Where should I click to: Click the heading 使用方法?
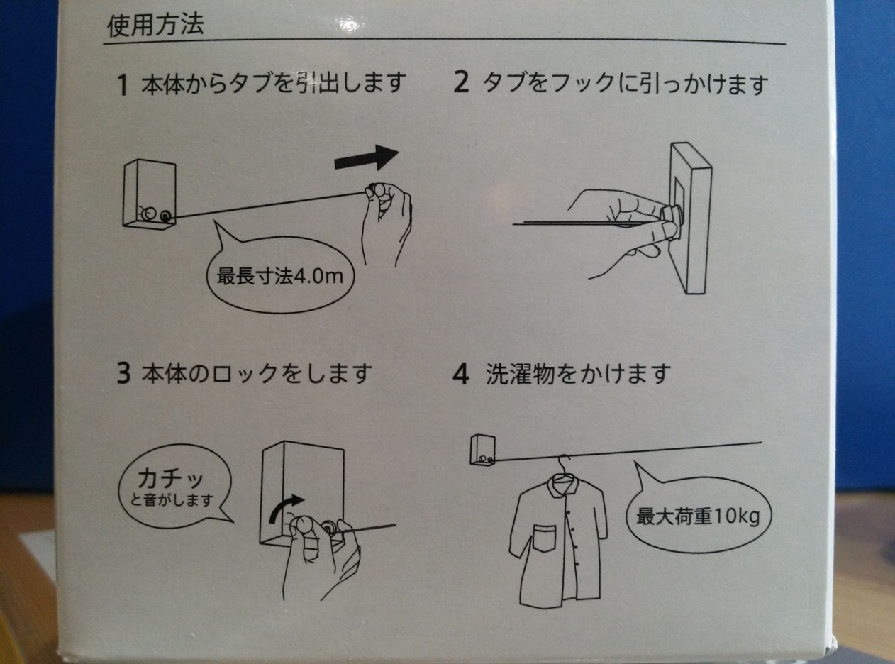(x=155, y=26)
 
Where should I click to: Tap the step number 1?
(x=123, y=85)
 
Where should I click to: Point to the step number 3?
(x=123, y=373)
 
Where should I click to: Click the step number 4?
(x=461, y=374)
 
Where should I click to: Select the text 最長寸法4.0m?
(x=280, y=277)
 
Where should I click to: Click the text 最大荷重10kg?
(x=698, y=516)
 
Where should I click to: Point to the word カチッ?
(x=170, y=479)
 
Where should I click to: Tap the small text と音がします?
(x=172, y=501)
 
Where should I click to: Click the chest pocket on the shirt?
(x=544, y=538)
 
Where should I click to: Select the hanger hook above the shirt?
(x=563, y=463)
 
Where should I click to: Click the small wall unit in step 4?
(x=483, y=450)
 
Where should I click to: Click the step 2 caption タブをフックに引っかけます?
(x=624, y=84)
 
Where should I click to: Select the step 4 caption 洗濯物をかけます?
(x=578, y=373)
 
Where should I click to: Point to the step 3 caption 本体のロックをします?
(x=257, y=373)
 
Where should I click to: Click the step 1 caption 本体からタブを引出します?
(x=273, y=84)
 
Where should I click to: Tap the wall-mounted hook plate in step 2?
(x=691, y=218)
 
